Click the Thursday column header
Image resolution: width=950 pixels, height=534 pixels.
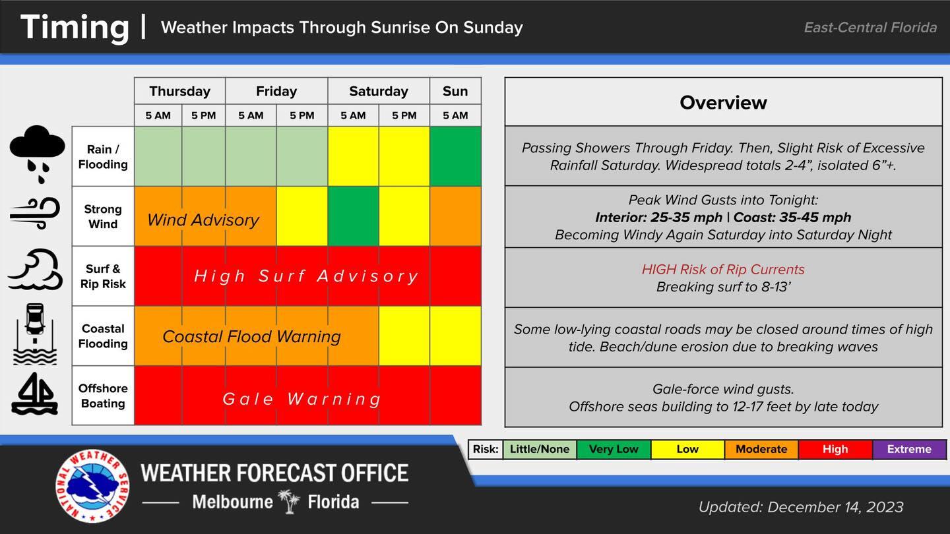[x=179, y=91]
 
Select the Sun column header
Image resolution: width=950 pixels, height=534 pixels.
[x=455, y=91]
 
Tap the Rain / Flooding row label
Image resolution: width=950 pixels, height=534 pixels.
[x=103, y=157]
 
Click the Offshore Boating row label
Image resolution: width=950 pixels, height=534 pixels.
[x=103, y=396]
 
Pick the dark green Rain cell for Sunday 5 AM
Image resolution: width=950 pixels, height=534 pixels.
[x=455, y=156]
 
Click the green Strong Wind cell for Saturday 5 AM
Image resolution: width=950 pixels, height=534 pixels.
[x=353, y=216]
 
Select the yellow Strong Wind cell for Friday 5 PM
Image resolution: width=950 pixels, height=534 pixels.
[x=301, y=216]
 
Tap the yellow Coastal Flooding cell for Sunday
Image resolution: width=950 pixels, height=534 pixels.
[x=455, y=336]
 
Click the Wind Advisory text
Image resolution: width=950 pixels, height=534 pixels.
[x=203, y=220]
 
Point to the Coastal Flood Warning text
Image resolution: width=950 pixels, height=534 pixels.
[x=251, y=337]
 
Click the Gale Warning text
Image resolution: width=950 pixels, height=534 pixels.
[x=302, y=399]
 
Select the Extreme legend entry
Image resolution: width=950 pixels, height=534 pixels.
[x=908, y=449]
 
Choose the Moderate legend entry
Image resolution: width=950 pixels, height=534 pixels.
[x=761, y=449]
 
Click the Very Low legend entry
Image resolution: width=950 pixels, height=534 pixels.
[x=613, y=449]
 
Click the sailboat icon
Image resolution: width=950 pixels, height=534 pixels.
[x=34, y=394]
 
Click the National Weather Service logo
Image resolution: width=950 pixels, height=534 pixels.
[x=92, y=487]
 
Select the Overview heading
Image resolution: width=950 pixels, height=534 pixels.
[x=723, y=102]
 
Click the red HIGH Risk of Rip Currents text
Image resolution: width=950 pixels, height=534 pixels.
[x=723, y=269]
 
